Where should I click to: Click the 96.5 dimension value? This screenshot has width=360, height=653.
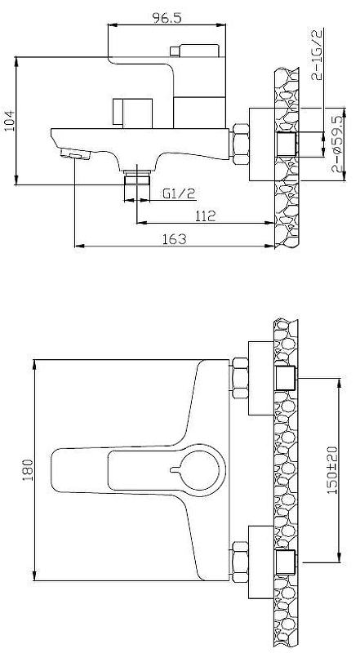(167, 18)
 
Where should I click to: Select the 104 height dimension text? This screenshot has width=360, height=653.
(9, 121)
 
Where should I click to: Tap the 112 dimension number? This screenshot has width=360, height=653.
(206, 216)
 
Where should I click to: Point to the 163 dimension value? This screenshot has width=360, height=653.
(175, 239)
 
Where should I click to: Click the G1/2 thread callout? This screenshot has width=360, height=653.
(179, 193)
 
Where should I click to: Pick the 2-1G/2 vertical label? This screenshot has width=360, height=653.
(318, 55)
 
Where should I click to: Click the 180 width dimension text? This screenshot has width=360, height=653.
(28, 470)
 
